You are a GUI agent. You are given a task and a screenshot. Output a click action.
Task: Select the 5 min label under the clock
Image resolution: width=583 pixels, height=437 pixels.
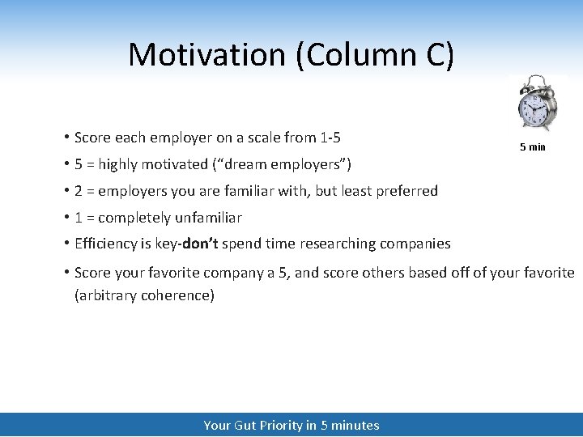pyautogui.click(x=532, y=147)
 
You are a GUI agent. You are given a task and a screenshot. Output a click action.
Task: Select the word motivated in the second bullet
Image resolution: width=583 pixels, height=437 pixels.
pyautogui.click(x=175, y=164)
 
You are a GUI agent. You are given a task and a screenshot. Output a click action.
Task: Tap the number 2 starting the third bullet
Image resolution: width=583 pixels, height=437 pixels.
pyautogui.click(x=79, y=191)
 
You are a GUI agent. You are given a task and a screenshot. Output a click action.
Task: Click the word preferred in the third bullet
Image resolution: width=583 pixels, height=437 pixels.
pyautogui.click(x=406, y=191)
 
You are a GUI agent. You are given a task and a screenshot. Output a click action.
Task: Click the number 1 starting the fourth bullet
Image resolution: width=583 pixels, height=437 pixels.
pyautogui.click(x=79, y=218)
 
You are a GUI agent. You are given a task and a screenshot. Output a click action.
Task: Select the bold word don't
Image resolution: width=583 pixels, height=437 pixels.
pyautogui.click(x=200, y=244)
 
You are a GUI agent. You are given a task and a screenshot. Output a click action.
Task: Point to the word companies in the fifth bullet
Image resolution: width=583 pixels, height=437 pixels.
pyautogui.click(x=415, y=244)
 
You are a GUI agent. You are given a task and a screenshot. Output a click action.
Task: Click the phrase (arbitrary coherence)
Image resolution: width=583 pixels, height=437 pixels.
pyautogui.click(x=144, y=295)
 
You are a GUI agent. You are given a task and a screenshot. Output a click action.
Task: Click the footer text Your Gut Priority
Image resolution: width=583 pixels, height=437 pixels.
pyautogui.click(x=253, y=425)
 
